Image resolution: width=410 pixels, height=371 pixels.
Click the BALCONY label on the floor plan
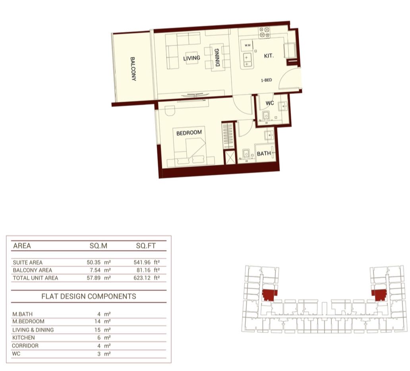133,69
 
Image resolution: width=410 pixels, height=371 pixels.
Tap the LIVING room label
191,58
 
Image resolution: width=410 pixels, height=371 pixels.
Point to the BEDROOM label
189,133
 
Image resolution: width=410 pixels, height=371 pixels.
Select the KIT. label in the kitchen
269,56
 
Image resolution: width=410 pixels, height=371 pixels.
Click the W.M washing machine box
248,45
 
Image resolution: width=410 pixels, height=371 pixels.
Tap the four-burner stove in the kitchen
264,33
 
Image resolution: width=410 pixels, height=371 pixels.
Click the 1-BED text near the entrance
267,80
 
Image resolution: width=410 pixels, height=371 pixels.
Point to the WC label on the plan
270,103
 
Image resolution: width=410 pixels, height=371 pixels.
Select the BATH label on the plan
264,153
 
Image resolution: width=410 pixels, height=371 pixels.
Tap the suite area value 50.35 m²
99,262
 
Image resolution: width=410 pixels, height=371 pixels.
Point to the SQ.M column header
98,246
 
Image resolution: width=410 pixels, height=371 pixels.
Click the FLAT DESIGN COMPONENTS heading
89,296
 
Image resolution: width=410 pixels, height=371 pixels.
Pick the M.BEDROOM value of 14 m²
102,321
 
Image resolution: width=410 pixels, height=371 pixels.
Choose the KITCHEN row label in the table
23,338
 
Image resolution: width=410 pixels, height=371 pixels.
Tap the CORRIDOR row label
25,346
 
